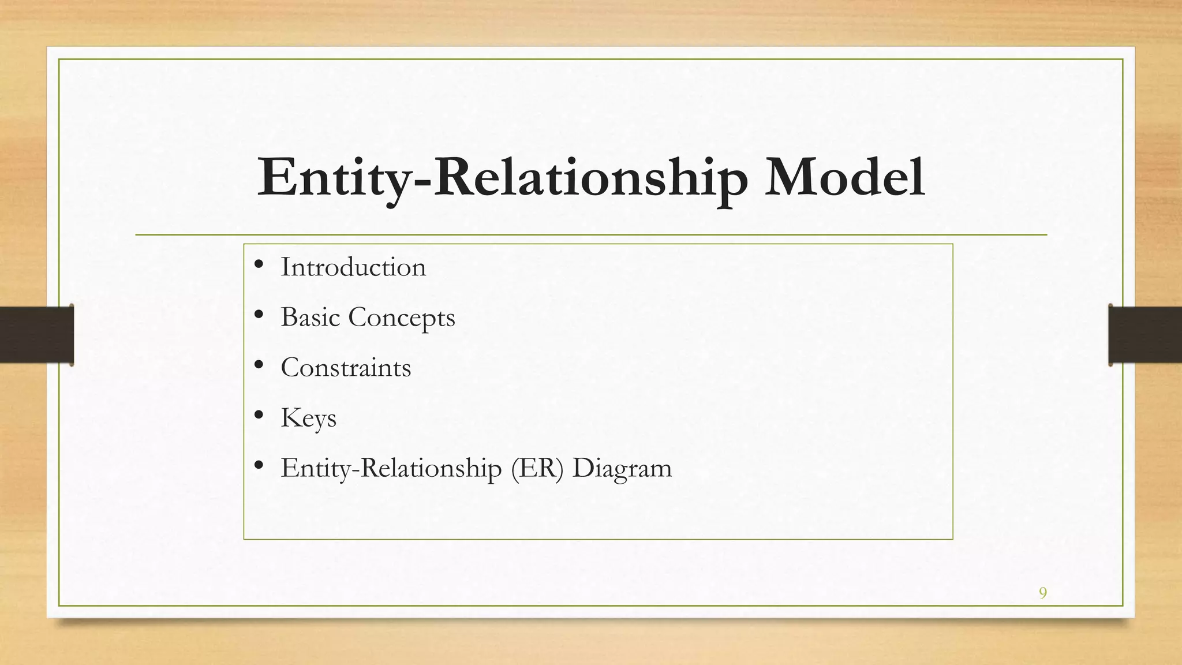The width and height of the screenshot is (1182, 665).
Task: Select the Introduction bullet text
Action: point(353,267)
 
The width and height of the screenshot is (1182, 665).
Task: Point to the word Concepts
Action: point(402,318)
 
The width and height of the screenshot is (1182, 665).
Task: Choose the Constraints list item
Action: point(346,368)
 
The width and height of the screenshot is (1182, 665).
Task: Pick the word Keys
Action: point(308,419)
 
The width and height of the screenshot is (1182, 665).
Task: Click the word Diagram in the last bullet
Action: point(622,468)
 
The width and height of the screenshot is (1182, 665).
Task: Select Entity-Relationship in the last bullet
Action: point(391,468)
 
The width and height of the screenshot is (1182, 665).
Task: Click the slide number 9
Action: point(1042,593)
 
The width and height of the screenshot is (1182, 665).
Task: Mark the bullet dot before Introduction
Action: point(259,265)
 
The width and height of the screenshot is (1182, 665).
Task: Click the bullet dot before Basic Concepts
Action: point(259,315)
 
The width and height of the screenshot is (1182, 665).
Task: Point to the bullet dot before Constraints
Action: point(259,365)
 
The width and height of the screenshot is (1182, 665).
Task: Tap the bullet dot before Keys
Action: point(259,415)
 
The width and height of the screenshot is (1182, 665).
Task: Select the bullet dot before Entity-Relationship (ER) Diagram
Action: point(259,465)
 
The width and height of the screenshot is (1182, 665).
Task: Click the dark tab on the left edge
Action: point(36,335)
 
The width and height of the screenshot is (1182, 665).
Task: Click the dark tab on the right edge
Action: point(1145,335)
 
